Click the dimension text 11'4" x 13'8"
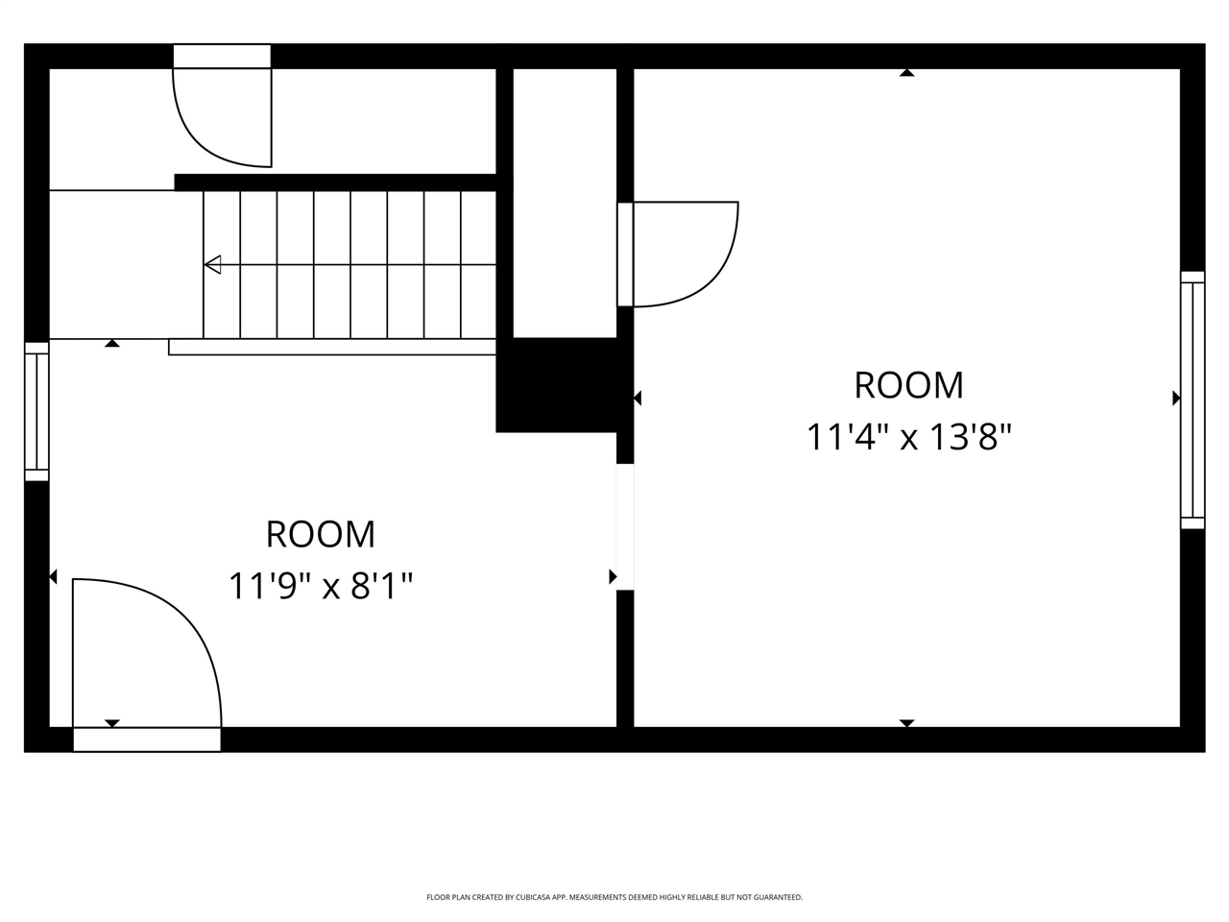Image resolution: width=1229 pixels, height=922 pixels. [908, 438]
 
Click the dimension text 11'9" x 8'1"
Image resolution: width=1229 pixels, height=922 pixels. [321, 585]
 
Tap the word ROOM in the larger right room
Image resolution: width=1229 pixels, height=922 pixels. [908, 385]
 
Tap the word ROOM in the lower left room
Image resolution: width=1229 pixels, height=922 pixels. [321, 534]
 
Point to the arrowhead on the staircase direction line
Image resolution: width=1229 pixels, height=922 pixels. [213, 264]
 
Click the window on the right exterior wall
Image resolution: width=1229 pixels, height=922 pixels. [1192, 400]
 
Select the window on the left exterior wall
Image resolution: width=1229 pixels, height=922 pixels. [36, 411]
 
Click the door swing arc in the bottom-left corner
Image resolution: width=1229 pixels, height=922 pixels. [163, 643]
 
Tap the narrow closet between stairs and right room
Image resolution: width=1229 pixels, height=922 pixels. [565, 202]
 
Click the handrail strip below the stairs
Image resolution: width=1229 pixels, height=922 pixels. [331, 347]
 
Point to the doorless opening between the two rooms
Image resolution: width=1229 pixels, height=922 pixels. [625, 526]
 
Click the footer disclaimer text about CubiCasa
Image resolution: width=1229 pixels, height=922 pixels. [614, 897]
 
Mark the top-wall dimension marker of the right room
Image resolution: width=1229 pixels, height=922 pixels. [906, 73]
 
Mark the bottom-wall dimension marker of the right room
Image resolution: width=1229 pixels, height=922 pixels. [906, 722]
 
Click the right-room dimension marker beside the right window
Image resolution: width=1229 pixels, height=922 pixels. [1175, 398]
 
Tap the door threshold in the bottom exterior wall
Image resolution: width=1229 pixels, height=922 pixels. [147, 740]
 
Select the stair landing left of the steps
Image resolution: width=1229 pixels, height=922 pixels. [125, 264]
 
